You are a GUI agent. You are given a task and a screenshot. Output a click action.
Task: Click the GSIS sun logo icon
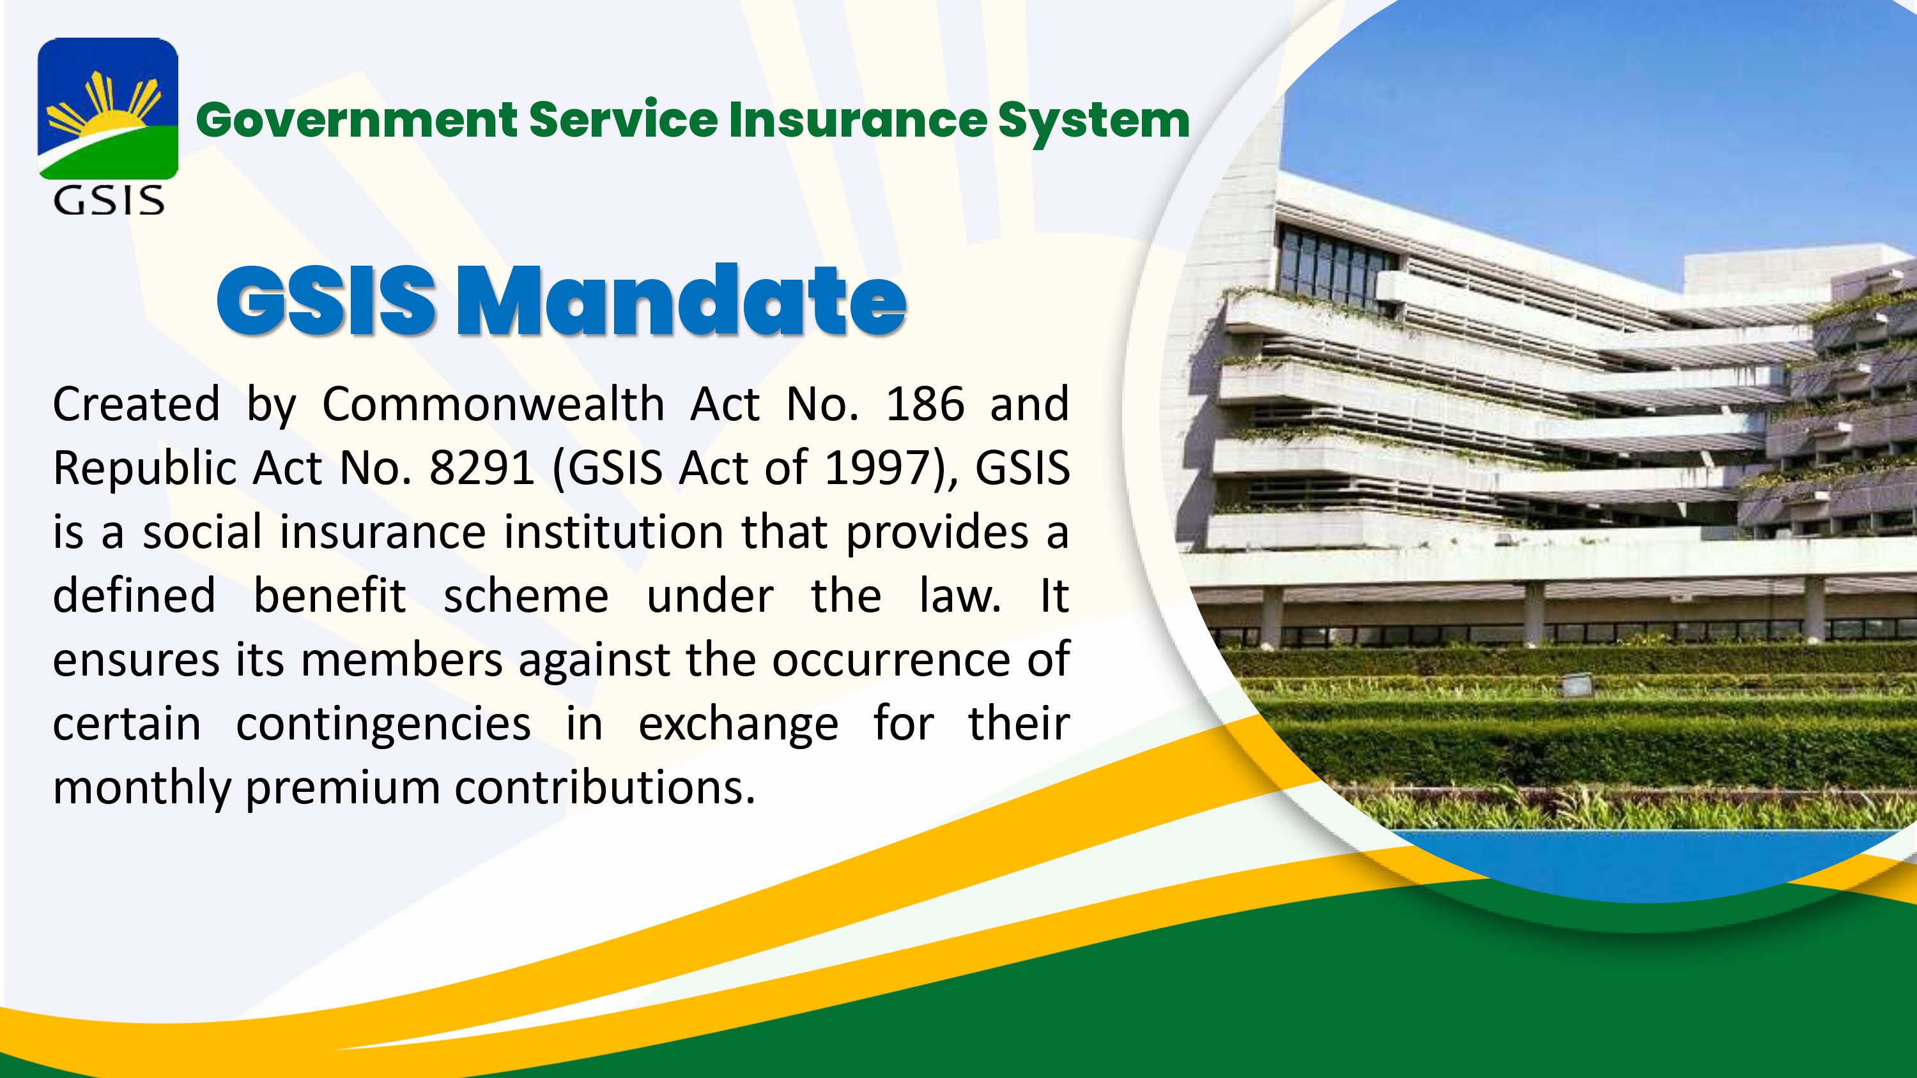(108, 109)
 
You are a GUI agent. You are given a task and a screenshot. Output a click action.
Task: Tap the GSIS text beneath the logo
(109, 200)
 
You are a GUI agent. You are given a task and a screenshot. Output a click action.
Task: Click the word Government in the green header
(357, 120)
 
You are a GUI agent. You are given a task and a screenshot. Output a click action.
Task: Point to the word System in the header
(1093, 123)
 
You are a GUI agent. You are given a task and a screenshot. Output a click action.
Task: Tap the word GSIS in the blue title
(326, 301)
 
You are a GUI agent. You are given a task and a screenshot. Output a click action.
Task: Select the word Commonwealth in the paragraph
(493, 405)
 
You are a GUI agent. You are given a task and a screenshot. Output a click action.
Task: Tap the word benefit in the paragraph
(330, 596)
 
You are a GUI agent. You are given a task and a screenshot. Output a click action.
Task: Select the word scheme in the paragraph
(526, 596)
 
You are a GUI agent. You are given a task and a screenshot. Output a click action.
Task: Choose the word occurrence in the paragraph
(890, 660)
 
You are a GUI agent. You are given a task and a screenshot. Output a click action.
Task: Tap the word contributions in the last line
(605, 788)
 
